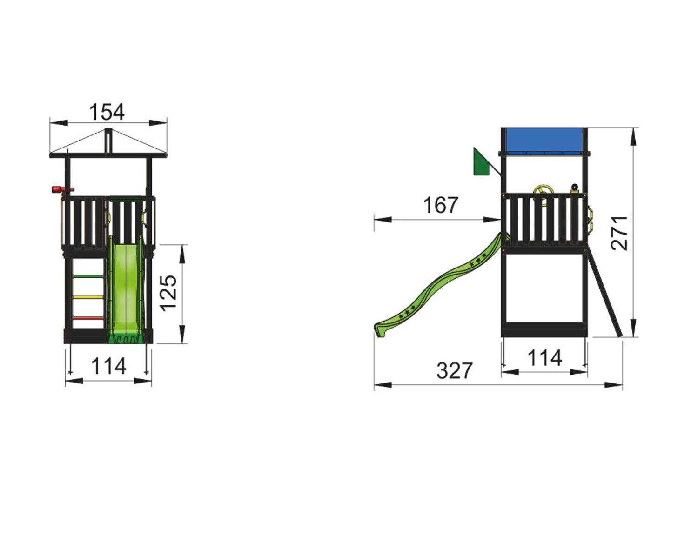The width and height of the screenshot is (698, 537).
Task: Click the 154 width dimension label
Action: pyautogui.click(x=107, y=112)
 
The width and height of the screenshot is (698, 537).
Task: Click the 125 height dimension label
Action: pyautogui.click(x=168, y=293)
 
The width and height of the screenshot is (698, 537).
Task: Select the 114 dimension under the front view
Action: pyautogui.click(x=109, y=366)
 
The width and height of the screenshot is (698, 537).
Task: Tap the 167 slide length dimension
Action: pyautogui.click(x=441, y=205)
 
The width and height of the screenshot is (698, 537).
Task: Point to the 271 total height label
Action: pyautogui.click(x=619, y=233)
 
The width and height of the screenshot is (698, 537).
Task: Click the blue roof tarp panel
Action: pyautogui.click(x=544, y=141)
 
